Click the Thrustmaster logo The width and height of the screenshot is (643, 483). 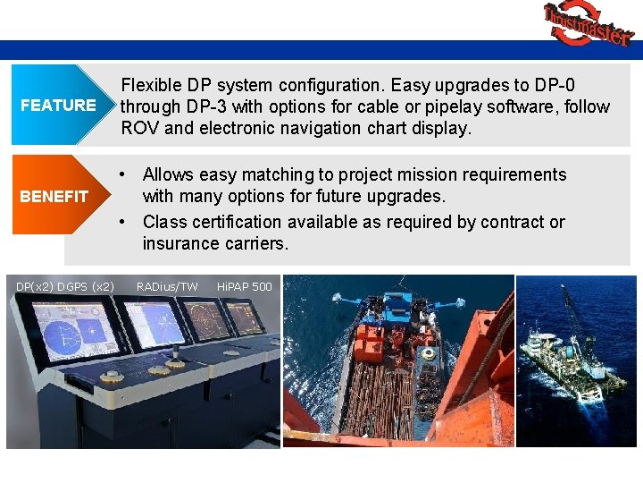588,24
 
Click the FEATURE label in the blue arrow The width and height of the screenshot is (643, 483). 58,106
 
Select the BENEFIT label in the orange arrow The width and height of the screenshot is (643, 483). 54,196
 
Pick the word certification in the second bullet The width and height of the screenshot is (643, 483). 234,221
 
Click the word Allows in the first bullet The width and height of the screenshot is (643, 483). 170,174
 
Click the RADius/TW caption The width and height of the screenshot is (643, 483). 167,286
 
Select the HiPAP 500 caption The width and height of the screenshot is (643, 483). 244,286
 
